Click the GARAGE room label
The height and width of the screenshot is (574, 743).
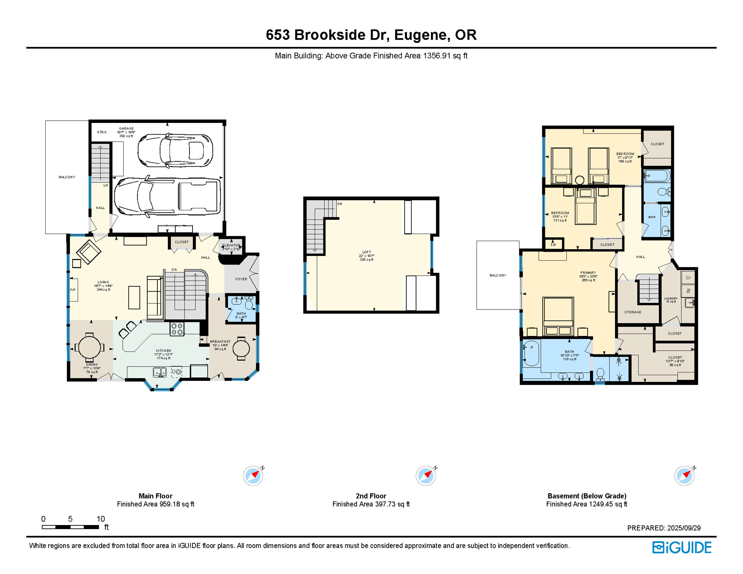click(126, 129)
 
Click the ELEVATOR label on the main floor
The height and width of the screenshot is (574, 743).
click(231, 246)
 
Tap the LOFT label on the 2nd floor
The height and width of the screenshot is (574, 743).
click(366, 252)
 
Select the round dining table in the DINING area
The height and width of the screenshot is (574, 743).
click(89, 347)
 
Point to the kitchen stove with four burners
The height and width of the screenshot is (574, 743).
click(177, 329)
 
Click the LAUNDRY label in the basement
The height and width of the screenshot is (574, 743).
click(670, 299)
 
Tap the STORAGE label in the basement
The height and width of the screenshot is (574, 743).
click(632, 312)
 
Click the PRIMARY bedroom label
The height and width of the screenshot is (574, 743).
click(588, 273)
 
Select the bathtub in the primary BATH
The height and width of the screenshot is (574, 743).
click(531, 353)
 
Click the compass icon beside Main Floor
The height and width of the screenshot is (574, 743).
click(253, 476)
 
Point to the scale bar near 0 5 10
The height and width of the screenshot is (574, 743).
click(70, 527)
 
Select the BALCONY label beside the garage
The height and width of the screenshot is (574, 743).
click(67, 177)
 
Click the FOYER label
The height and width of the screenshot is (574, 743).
click(241, 279)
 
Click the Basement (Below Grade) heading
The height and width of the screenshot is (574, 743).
click(586, 496)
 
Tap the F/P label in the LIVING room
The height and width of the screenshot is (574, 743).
click(73, 290)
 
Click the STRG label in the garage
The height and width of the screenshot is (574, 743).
click(102, 132)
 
